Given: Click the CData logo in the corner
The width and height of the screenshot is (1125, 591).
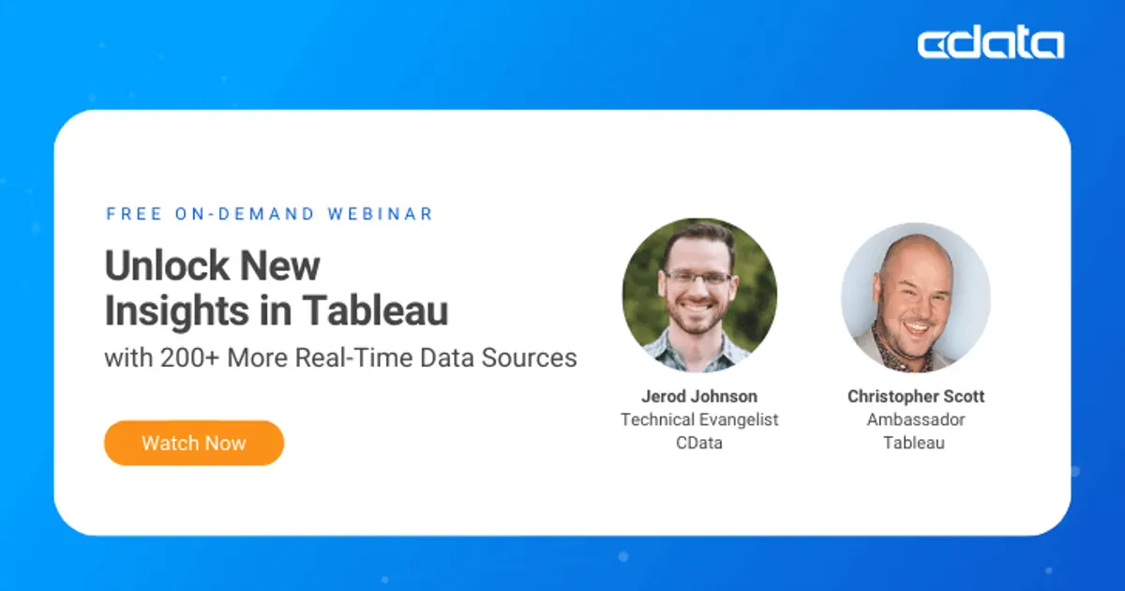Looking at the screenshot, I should pos(990,44).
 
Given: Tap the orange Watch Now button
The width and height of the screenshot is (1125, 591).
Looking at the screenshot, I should pos(194,443).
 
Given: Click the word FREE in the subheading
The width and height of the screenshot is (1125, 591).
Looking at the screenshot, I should pos(134,214).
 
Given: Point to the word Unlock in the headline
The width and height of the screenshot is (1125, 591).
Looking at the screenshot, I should pos(166,266).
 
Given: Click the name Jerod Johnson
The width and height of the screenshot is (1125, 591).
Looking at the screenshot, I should pos(699,396).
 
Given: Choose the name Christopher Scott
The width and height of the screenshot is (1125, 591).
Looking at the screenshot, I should pos(915,396).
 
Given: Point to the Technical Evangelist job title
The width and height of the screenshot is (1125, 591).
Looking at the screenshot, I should pos(699,419).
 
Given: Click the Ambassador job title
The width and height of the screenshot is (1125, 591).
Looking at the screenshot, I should pos(915,419).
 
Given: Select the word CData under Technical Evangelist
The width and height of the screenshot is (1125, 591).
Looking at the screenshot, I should pos(699,443).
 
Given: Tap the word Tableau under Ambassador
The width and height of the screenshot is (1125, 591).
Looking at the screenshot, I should pos(915,443).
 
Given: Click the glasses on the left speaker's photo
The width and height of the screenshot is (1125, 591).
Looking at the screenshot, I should pos(698,278).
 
